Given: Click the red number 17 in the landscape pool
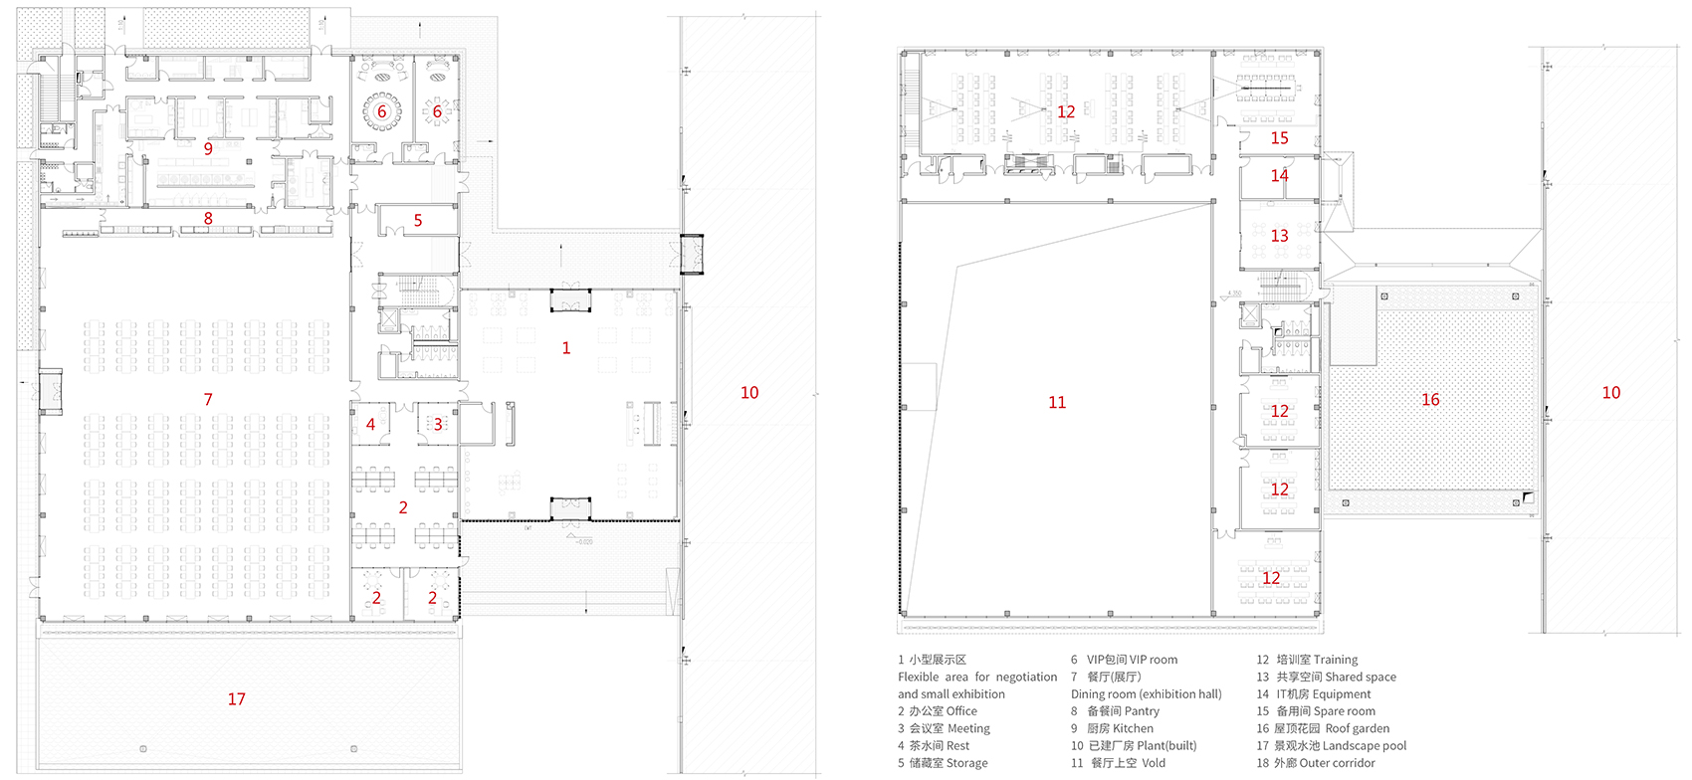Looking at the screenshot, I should click(x=236, y=699).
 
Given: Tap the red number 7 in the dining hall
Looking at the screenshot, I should click(x=208, y=399).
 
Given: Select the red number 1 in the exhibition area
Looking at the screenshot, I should click(x=565, y=348).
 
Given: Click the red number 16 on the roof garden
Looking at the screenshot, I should click(x=1430, y=399).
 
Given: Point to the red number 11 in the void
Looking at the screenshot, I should click(x=1057, y=402).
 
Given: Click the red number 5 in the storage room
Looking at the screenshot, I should click(x=418, y=221).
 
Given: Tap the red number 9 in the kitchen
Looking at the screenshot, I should click(x=208, y=149).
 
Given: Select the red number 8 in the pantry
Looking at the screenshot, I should click(x=208, y=219).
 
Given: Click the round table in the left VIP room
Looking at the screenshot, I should click(x=381, y=111).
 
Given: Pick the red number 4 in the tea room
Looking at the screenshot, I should click(x=370, y=425).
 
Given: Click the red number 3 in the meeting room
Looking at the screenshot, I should click(x=438, y=425).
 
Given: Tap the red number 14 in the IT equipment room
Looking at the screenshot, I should click(x=1279, y=176).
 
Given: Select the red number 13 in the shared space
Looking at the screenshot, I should click(x=1279, y=236).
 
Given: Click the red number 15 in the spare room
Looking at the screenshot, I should click(x=1279, y=138).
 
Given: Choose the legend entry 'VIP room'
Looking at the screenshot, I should click(x=1133, y=660).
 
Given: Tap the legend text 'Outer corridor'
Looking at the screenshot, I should click(x=1337, y=763).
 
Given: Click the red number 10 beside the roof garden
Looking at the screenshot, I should click(x=1610, y=393).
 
